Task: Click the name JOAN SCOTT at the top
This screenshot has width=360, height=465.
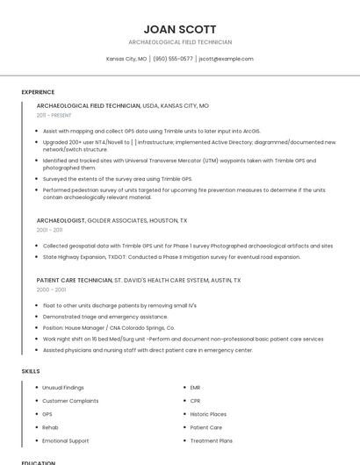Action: (180, 29)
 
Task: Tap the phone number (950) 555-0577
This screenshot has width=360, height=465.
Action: (173, 59)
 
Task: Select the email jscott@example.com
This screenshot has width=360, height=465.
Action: (226, 59)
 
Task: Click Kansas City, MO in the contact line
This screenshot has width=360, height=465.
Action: (126, 59)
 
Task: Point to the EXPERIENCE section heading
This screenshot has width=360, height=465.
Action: (38, 92)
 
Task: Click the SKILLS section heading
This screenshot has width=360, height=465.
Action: (31, 371)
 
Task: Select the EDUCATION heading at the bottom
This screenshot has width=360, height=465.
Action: (38, 462)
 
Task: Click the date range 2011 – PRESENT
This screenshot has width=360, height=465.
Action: (54, 115)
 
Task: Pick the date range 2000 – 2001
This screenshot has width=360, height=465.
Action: (51, 289)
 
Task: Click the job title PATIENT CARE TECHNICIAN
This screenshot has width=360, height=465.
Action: (74, 280)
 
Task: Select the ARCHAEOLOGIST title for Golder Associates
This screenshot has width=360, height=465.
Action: (61, 220)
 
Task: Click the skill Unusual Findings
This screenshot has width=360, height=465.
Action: (63, 387)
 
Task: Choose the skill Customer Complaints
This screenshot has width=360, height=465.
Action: (70, 400)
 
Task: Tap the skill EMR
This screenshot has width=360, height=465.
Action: (195, 387)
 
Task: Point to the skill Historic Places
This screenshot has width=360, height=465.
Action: (208, 414)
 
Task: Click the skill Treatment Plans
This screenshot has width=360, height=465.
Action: (211, 440)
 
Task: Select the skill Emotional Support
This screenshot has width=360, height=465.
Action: (65, 440)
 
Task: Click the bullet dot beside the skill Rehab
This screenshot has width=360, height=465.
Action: (36, 427)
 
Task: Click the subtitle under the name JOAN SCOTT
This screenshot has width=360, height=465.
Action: (180, 42)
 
